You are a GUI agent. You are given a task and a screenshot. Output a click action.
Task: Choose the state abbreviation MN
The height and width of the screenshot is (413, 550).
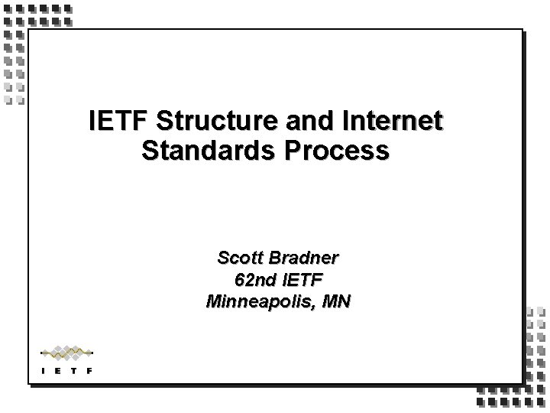[x=335, y=301]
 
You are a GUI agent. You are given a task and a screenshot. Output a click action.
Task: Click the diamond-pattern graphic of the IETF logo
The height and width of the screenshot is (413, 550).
[x=66, y=353]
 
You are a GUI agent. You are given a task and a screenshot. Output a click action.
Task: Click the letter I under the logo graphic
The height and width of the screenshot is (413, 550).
[x=42, y=372]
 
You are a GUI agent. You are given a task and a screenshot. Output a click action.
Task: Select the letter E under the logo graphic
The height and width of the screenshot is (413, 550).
[x=58, y=372]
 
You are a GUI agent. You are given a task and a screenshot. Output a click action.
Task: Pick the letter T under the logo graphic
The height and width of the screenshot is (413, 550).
[x=74, y=372]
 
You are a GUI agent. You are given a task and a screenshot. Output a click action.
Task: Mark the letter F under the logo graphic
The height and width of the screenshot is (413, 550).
[x=90, y=372]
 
